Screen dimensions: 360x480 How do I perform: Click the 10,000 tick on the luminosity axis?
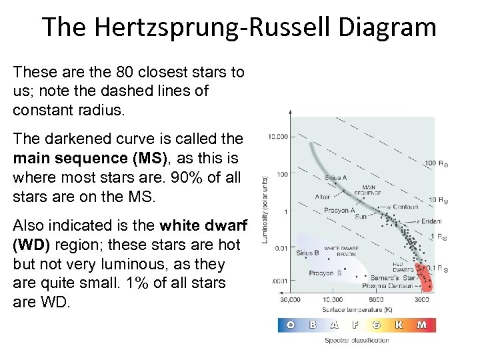[x=278, y=137]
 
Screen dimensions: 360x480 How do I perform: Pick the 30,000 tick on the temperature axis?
[x=289, y=299]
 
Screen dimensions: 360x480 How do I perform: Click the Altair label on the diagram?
[x=322, y=197]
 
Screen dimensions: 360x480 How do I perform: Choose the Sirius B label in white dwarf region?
[x=308, y=253]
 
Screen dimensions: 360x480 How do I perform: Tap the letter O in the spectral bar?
[x=291, y=325]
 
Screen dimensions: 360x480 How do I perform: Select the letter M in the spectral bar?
[x=421, y=325]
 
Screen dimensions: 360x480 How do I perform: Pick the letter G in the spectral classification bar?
[x=377, y=325]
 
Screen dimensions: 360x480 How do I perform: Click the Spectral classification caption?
[x=357, y=341]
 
